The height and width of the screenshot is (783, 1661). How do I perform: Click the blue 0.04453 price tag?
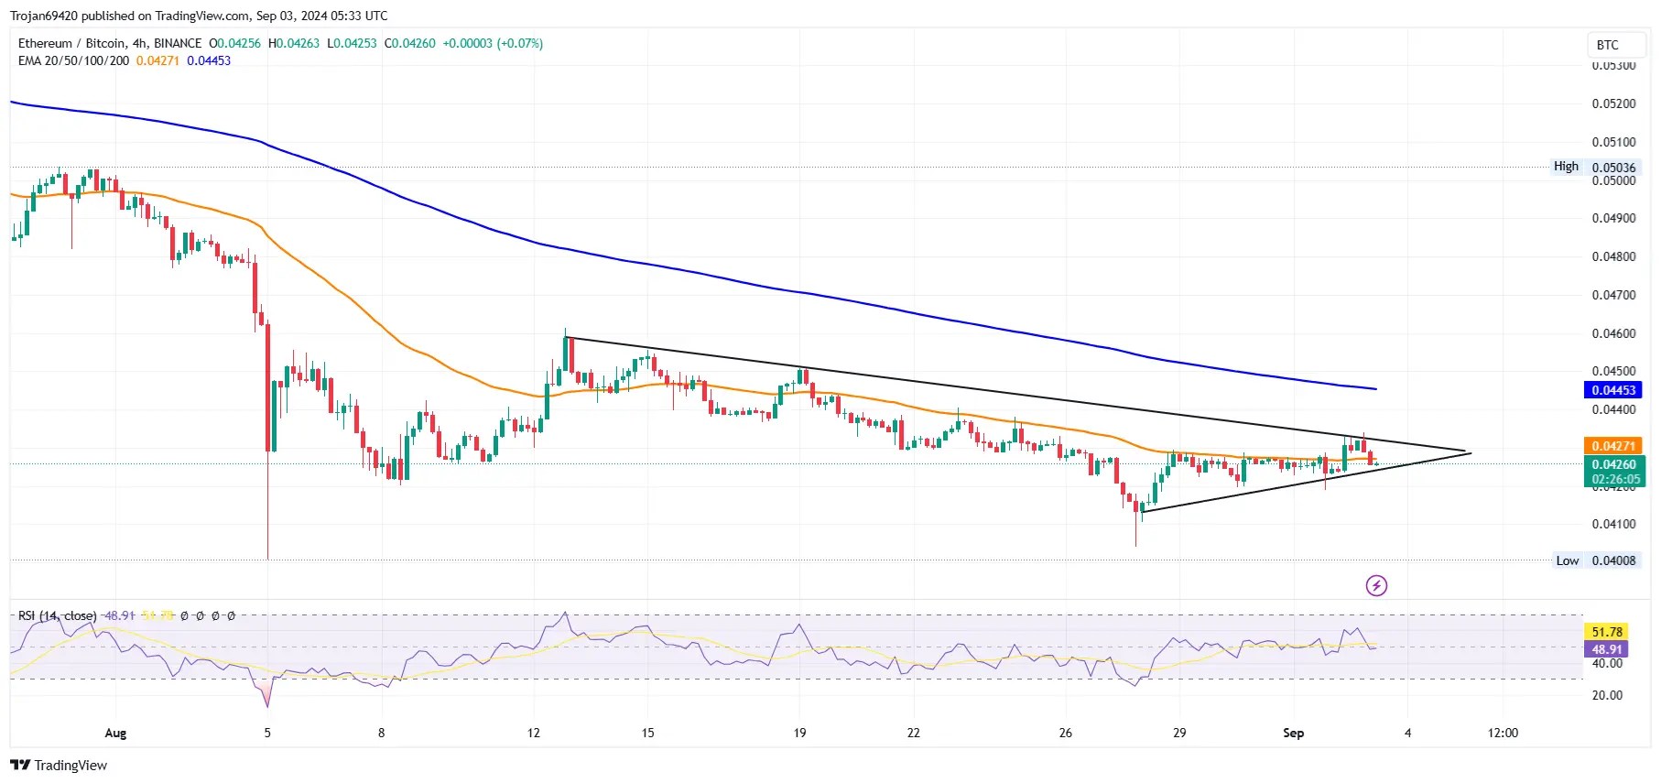tap(1612, 390)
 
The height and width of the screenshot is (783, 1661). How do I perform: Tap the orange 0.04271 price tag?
tap(1612, 446)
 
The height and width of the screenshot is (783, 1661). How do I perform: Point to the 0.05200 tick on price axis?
tap(1613, 103)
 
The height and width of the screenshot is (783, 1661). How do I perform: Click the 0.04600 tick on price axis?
tap(1613, 333)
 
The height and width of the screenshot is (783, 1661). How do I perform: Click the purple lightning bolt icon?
tap(1376, 585)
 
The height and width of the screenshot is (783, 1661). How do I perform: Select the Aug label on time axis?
tap(115, 733)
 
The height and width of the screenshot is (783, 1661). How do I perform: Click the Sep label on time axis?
tap(1293, 733)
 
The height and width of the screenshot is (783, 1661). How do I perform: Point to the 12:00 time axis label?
tap(1503, 733)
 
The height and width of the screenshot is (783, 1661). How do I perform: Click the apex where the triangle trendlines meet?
tap(1469, 452)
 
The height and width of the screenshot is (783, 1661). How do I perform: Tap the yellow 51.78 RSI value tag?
tap(1606, 632)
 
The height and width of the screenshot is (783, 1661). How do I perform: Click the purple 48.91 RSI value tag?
tap(1606, 649)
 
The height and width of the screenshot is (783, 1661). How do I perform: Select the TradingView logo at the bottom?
tap(60, 766)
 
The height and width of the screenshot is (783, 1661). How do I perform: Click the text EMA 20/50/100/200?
tap(73, 60)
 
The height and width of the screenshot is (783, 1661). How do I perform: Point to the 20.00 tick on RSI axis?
tap(1607, 695)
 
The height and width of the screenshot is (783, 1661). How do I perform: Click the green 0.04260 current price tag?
tap(1613, 464)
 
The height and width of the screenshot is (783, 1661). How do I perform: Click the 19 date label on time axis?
tap(799, 733)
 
